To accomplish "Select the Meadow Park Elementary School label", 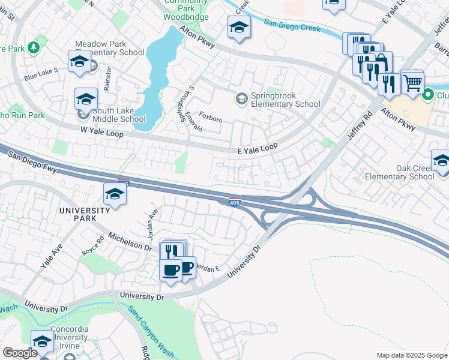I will click(x=110, y=48).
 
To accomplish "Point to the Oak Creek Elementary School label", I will click(x=415, y=172).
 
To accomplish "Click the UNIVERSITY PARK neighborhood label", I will click(x=85, y=214).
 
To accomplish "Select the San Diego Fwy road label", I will click(x=33, y=163).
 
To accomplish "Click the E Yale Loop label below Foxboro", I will click(x=257, y=149).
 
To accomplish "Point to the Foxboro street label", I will click(x=211, y=118).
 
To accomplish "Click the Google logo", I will click(x=19, y=353).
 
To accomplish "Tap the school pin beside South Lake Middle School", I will click(x=86, y=100).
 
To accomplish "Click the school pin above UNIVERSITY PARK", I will click(x=115, y=194).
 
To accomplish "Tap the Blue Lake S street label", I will click(x=41, y=74).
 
